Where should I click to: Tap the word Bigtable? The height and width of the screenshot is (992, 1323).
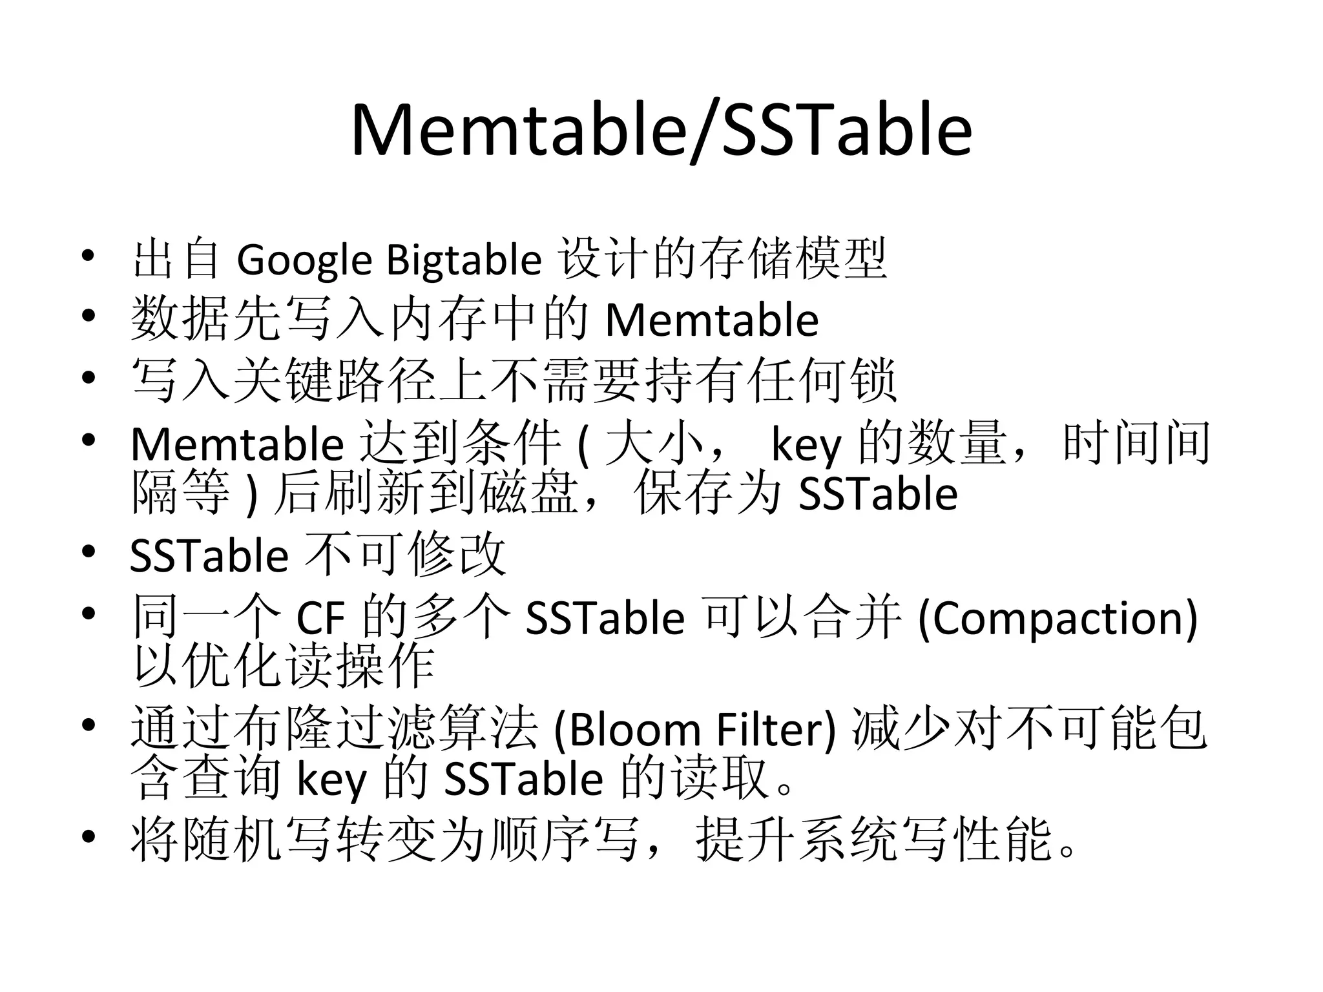[463, 260]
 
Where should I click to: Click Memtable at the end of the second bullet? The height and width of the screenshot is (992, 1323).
[711, 320]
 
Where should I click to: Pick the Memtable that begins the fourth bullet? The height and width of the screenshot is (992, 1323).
[237, 445]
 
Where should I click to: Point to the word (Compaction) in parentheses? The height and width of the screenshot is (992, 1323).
[1057, 618]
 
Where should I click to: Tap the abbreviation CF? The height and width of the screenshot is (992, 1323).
[320, 618]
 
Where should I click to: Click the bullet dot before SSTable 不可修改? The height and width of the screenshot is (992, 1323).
[88, 553]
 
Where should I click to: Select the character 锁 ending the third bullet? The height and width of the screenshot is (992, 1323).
[873, 382]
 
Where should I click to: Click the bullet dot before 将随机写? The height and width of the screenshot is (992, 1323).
[88, 837]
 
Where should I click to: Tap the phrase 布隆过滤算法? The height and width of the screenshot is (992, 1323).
[334, 729]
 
